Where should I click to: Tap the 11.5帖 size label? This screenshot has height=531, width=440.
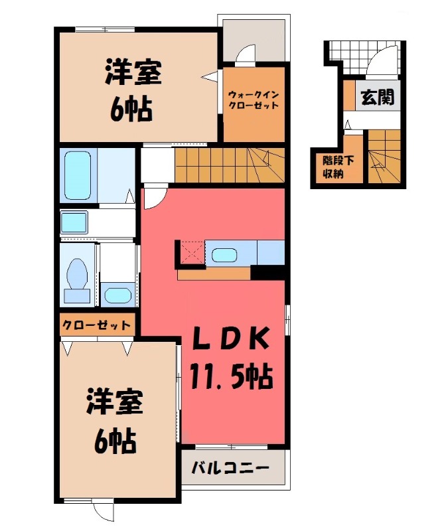click(x=231, y=377)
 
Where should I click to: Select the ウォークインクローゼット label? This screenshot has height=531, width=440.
click(x=254, y=100)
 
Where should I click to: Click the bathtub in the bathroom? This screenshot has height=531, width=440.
click(x=78, y=174)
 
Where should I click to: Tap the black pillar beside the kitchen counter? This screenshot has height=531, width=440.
click(x=268, y=271)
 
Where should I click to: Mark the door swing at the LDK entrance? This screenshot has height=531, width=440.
click(x=152, y=197)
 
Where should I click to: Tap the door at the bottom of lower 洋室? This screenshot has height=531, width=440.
click(x=104, y=510)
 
